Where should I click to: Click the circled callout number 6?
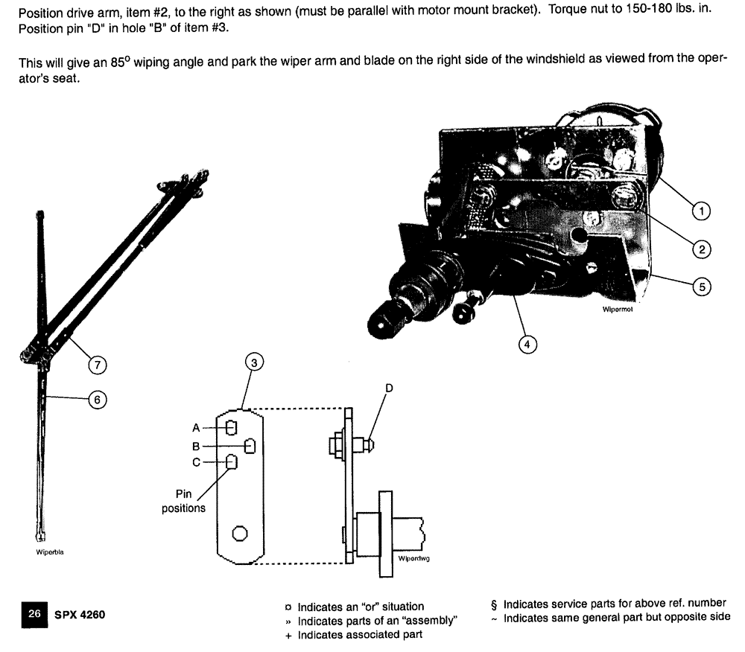95,400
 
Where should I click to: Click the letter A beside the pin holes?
195,427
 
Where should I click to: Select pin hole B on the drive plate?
250,446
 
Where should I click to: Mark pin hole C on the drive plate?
232,463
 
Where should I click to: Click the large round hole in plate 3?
240,534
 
